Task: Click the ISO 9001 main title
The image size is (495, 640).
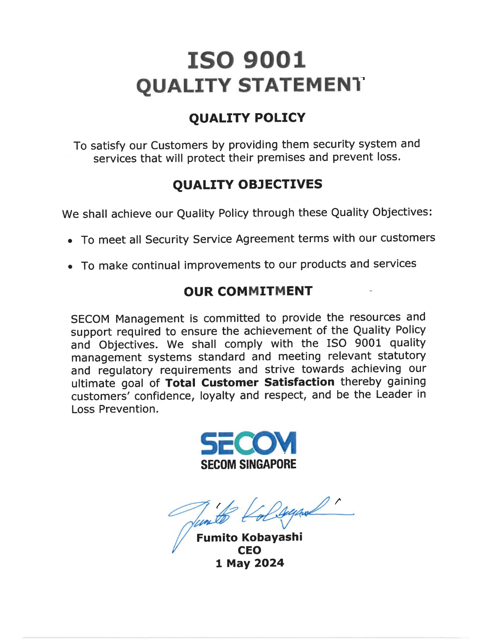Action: pos(247,60)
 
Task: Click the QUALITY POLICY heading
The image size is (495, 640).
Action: pos(247,118)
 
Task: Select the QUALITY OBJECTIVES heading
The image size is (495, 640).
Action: pos(247,185)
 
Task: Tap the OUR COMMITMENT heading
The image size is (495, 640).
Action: pos(248,291)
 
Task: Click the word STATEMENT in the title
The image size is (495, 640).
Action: pos(301,86)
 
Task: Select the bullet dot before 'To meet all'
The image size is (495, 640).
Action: pos(70,241)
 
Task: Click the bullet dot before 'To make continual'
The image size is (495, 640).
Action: pos(70,267)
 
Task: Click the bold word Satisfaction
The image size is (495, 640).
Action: pos(299,382)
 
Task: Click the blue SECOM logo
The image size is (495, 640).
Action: pos(248,443)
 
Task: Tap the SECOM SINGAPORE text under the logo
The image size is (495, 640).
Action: pos(248,465)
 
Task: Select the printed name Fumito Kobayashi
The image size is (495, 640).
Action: pos(249,538)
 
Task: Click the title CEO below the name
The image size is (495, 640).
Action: pos(249,550)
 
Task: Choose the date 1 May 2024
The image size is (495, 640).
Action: pos(250,563)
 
